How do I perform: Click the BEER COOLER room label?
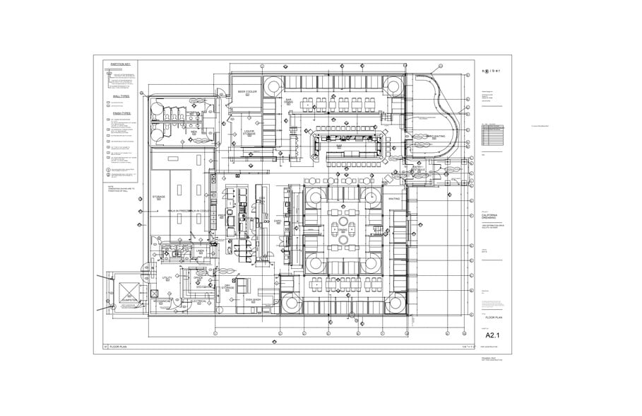pyautogui.click(x=246, y=93)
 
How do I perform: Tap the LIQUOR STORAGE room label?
pyautogui.click(x=249, y=132)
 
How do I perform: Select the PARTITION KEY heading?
pyautogui.click(x=121, y=64)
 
